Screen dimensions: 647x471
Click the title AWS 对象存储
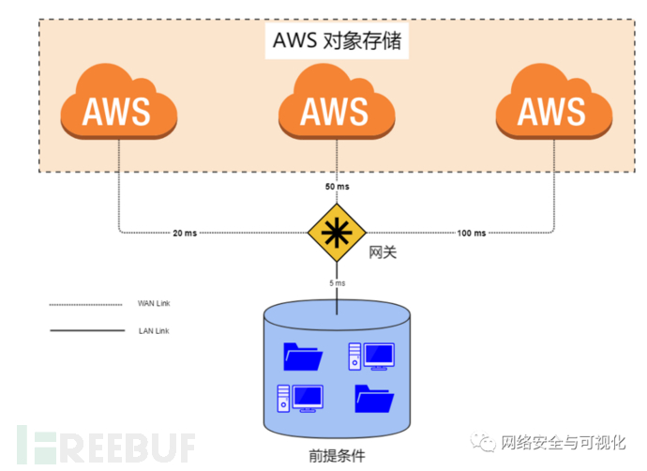click(x=337, y=41)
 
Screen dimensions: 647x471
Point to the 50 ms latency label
click(x=338, y=187)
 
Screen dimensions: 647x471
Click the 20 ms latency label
click(x=185, y=234)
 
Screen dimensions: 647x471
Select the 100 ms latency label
click(x=472, y=234)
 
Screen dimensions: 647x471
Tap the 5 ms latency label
click(x=338, y=283)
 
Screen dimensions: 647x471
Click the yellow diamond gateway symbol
click(x=337, y=233)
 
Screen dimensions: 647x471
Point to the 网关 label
click(x=383, y=252)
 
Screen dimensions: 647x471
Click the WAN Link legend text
click(x=154, y=303)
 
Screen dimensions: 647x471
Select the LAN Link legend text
click(x=154, y=331)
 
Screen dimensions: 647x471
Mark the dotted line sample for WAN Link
click(x=86, y=305)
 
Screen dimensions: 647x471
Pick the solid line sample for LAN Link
click(x=87, y=330)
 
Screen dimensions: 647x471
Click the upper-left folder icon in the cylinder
click(x=303, y=357)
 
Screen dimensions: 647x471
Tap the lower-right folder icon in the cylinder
click(x=374, y=399)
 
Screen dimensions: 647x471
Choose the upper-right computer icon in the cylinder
click(x=371, y=357)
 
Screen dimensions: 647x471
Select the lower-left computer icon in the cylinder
click(x=300, y=399)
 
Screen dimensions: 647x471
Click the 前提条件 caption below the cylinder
click(x=337, y=456)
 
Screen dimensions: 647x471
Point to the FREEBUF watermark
click(x=106, y=446)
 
